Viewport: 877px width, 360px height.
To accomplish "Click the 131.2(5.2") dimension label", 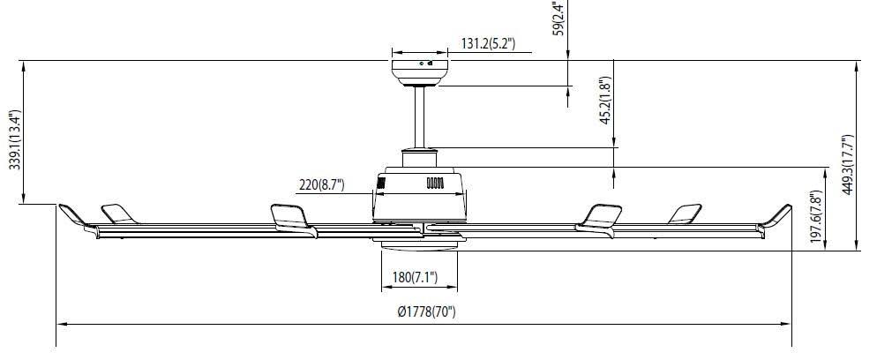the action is [488, 43].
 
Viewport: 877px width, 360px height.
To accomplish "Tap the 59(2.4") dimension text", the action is [558, 19].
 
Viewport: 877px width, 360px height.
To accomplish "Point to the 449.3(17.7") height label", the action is [848, 165].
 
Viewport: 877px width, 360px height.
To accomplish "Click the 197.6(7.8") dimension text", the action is [818, 217].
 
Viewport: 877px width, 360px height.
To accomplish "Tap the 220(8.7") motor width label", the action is [321, 184].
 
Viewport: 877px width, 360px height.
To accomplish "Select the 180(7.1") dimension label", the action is [415, 277].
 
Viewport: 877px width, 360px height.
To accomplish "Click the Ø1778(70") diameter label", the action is [427, 312].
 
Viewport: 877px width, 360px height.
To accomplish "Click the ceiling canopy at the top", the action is [419, 72].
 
